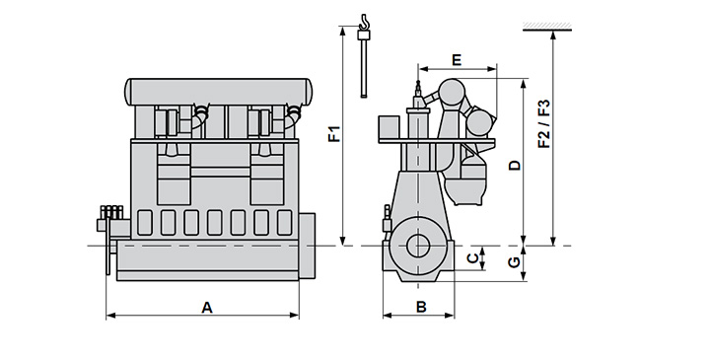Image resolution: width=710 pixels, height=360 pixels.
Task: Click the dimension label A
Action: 207,308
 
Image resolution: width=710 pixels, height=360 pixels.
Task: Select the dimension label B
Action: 421,307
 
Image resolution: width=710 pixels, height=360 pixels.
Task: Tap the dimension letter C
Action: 472,258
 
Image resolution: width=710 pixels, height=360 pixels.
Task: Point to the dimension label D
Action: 515,166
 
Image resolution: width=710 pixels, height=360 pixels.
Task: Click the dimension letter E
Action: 457,60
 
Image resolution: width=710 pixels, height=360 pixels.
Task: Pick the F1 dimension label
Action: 334,134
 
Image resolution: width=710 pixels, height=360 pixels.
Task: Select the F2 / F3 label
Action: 543,123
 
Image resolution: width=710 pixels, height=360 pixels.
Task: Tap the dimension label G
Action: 514,262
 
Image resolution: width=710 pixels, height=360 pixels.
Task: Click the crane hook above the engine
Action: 364,22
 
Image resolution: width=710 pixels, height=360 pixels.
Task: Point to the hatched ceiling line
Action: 547,28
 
